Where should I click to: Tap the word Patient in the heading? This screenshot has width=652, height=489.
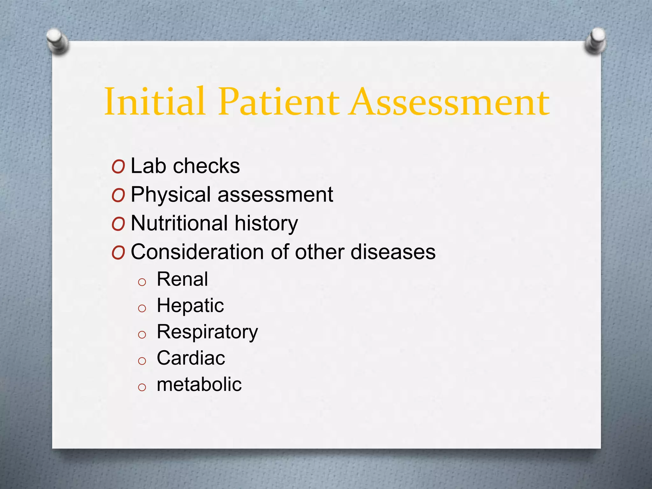click(279, 102)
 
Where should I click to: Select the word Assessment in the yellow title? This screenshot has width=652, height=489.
click(449, 102)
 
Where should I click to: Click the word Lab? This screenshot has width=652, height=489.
click(148, 166)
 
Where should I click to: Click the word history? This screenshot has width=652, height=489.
click(266, 224)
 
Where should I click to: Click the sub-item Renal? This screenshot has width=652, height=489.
click(182, 280)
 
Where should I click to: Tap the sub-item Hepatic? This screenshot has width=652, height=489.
click(190, 306)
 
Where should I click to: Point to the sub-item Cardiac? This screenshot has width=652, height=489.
click(191, 358)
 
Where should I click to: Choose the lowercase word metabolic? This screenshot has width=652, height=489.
click(199, 384)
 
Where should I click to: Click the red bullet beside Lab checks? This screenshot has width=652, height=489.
click(118, 167)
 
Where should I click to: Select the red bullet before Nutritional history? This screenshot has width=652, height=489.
click(118, 224)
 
